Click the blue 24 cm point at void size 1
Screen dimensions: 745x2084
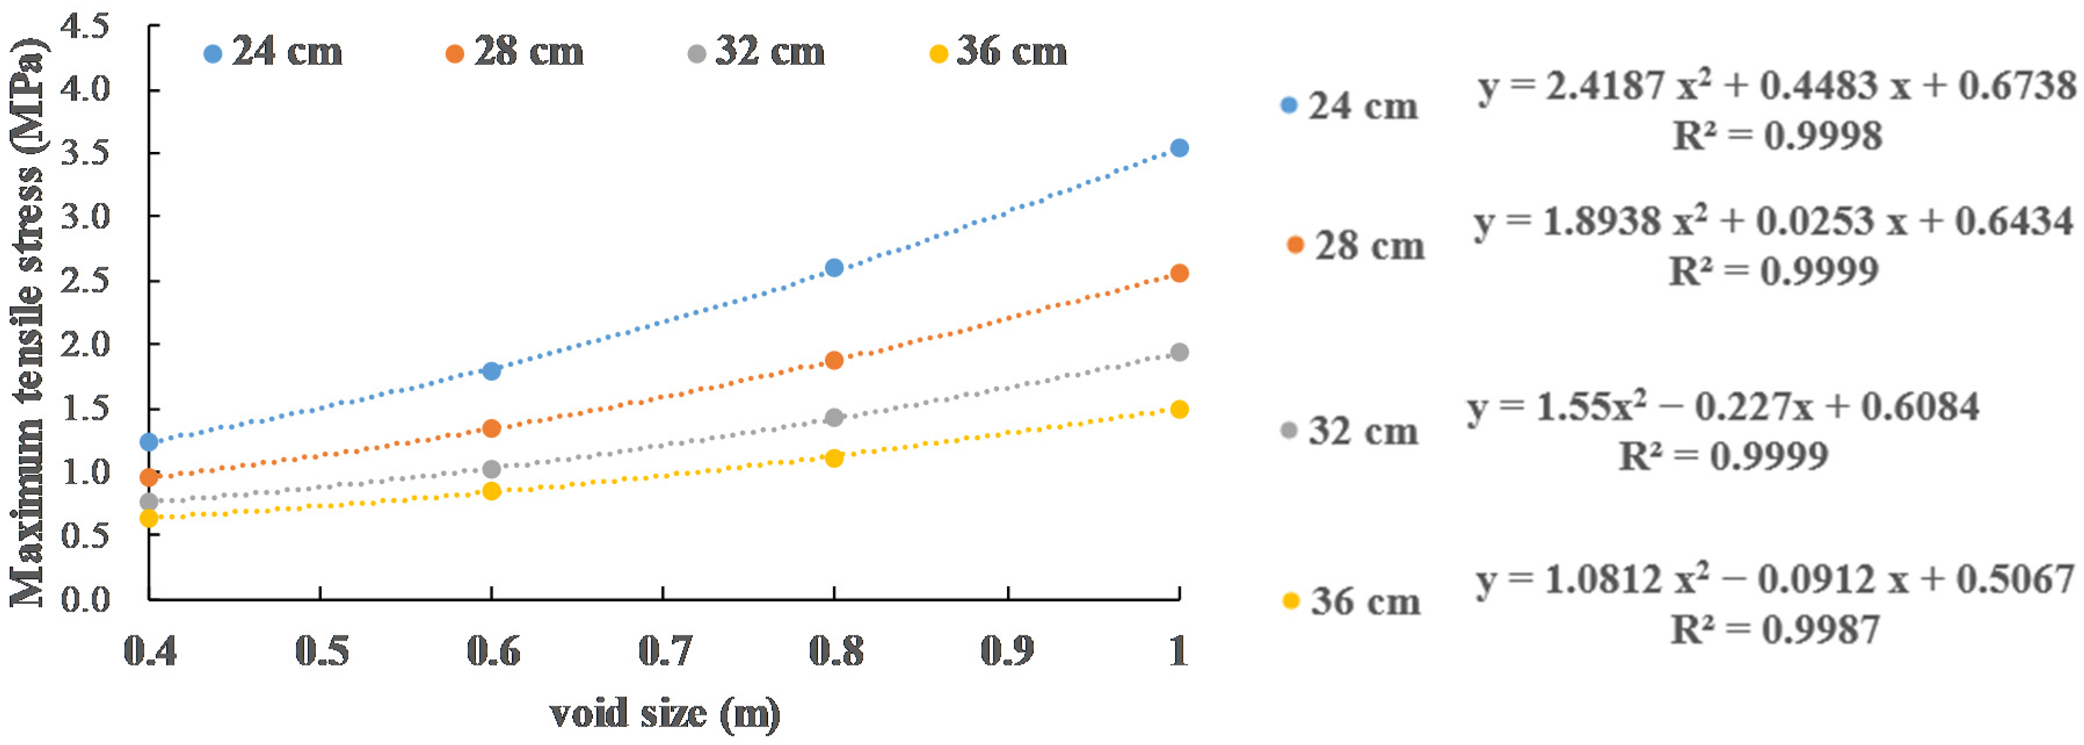pos(1179,148)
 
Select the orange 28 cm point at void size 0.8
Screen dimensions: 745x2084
pos(834,360)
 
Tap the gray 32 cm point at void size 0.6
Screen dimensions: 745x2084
pos(491,469)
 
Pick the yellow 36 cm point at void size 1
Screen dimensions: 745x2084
pos(1179,409)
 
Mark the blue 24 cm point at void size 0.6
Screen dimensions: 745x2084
pos(491,371)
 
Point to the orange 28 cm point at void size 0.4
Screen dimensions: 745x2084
pos(149,477)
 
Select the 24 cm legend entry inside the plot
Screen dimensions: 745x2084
pos(274,53)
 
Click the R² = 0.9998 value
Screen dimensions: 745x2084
pos(1777,136)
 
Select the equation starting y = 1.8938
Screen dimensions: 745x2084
pos(1774,221)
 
